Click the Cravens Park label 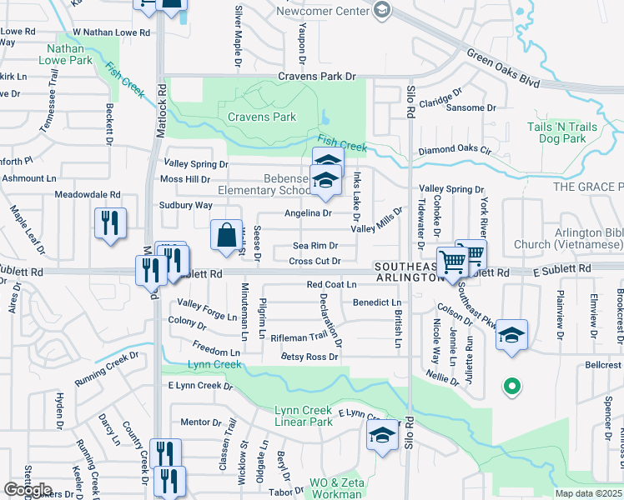pyautogui.click(x=261, y=117)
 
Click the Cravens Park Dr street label pyautogui.click(x=316, y=77)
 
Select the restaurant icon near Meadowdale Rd pyautogui.click(x=110, y=223)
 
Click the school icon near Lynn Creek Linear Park pyautogui.click(x=383, y=435)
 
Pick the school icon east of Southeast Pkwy pyautogui.click(x=512, y=335)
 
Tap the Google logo pyautogui.click(x=28, y=490)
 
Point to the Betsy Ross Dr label pyautogui.click(x=309, y=357)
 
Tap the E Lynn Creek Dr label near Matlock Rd pyautogui.click(x=200, y=385)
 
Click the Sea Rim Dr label pyautogui.click(x=315, y=246)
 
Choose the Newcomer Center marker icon pyautogui.click(x=383, y=10)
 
